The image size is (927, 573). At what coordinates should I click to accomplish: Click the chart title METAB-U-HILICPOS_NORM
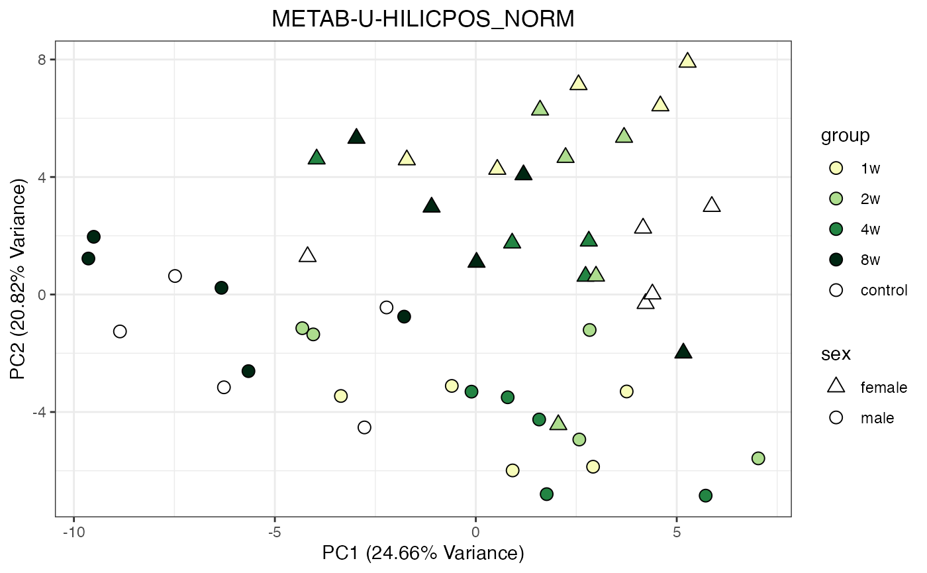(423, 21)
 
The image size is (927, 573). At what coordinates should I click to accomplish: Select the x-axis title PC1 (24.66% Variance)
(423, 553)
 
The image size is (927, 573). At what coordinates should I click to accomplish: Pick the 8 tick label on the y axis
(41, 60)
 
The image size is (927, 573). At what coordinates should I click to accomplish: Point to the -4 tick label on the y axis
(38, 412)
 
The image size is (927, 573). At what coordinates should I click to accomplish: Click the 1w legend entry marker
(836, 168)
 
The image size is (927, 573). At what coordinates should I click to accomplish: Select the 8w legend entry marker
(836, 260)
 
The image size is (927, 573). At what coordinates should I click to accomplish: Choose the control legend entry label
(883, 290)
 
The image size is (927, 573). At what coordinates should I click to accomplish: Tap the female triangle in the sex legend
(836, 386)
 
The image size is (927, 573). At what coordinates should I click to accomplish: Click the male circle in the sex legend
(836, 417)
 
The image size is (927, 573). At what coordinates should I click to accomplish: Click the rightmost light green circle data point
(758, 458)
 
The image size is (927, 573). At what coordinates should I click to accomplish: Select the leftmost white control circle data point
(120, 331)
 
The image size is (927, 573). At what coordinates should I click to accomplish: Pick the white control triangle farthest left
(307, 255)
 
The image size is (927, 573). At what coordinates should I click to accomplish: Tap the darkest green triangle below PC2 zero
(683, 352)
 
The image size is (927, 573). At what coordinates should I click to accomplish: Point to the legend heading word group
(845, 136)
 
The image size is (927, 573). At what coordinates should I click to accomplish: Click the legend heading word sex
(836, 354)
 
